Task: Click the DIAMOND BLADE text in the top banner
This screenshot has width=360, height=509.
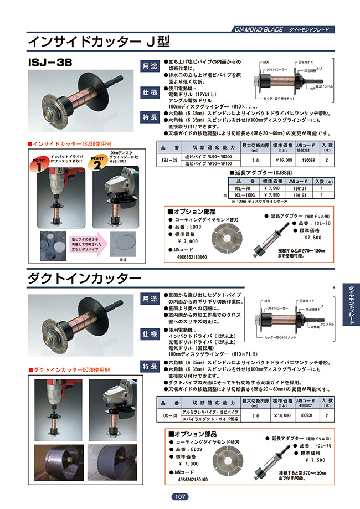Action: click(x=259, y=29)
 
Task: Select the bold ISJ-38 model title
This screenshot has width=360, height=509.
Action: click(x=52, y=61)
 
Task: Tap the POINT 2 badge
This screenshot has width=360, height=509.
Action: click(x=99, y=164)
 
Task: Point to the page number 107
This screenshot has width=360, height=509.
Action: click(x=180, y=497)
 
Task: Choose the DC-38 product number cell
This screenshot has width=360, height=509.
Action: click(x=171, y=415)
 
